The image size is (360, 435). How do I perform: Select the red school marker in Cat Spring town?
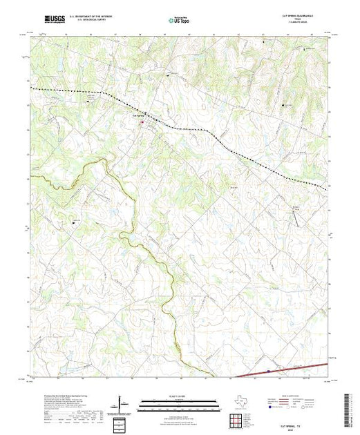[x=143, y=123]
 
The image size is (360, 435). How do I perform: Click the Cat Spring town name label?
[x=136, y=115]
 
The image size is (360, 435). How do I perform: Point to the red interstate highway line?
[x=290, y=369]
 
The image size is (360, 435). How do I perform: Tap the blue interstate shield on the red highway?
[x=268, y=372]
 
